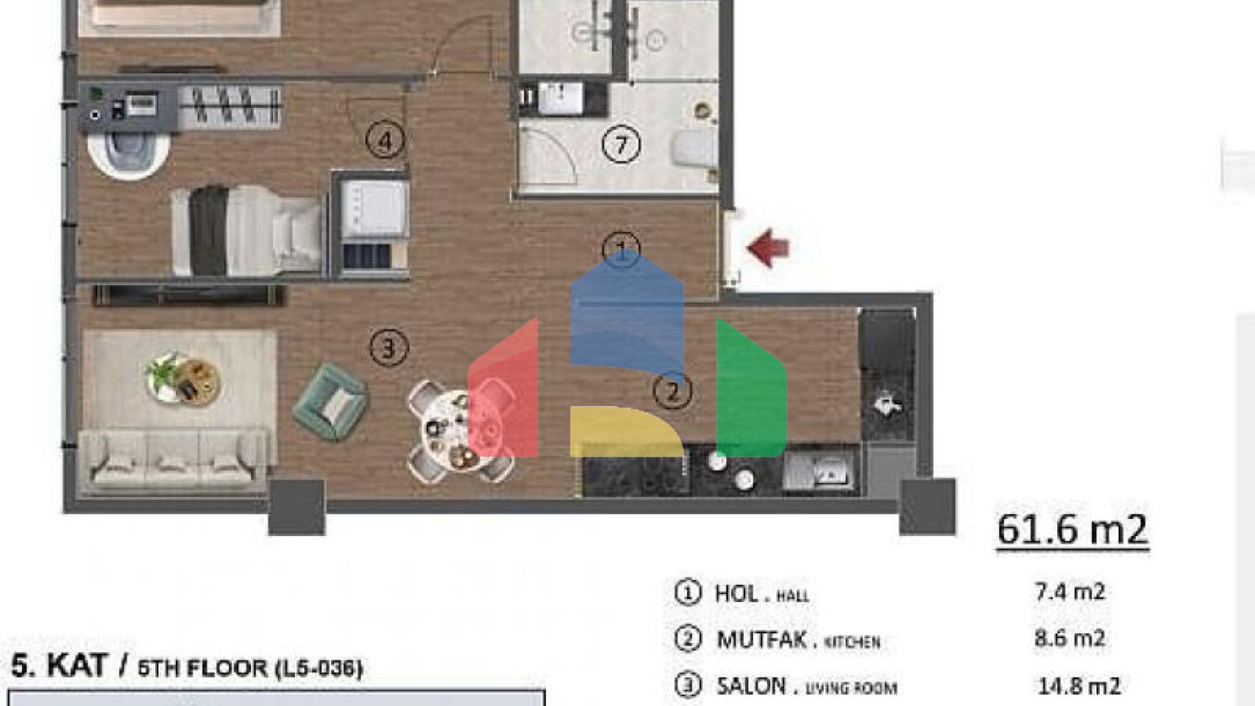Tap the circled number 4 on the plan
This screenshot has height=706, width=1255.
(386, 140)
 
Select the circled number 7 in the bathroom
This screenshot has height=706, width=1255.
(621, 145)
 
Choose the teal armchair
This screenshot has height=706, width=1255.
(331, 401)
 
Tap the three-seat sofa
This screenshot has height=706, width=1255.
(175, 461)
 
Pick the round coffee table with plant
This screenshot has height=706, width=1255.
(183, 378)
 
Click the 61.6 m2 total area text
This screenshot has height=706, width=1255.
(1072, 529)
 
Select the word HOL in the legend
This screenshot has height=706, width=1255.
(737, 593)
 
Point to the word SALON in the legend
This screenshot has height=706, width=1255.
(752, 686)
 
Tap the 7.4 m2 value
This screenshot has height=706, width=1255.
(1070, 592)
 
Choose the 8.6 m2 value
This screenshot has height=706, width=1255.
(1070, 638)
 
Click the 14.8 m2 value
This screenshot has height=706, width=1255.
(1079, 686)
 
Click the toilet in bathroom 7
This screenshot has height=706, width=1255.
(694, 149)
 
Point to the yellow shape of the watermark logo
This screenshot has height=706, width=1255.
(627, 431)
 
